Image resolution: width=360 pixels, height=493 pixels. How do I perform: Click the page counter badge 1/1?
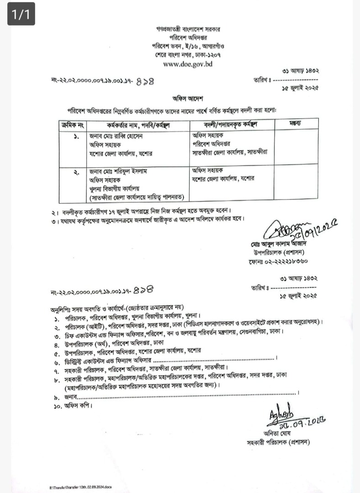pos(21,15)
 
